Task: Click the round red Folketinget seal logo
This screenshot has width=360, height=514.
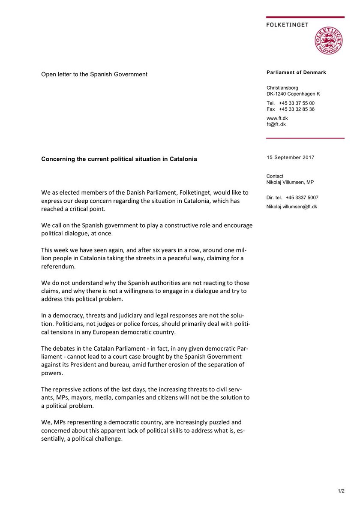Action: click(329, 42)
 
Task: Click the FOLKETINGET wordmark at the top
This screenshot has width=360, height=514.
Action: click(287, 25)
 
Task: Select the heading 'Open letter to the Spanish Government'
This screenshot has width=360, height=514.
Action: click(94, 74)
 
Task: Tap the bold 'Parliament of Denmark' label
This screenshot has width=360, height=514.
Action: click(296, 72)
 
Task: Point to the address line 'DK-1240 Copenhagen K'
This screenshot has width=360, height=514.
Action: click(293, 94)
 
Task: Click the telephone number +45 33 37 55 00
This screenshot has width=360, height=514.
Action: click(297, 103)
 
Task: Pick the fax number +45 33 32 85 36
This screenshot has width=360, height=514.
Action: click(297, 109)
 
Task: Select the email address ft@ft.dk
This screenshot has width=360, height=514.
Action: click(276, 124)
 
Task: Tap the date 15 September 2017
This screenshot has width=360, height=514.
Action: click(290, 157)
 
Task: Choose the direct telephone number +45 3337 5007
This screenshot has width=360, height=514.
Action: click(303, 198)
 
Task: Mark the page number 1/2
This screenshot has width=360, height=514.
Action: click(341, 491)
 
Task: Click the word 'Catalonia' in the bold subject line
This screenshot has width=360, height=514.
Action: click(183, 159)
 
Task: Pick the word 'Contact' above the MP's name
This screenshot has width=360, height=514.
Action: click(275, 176)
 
